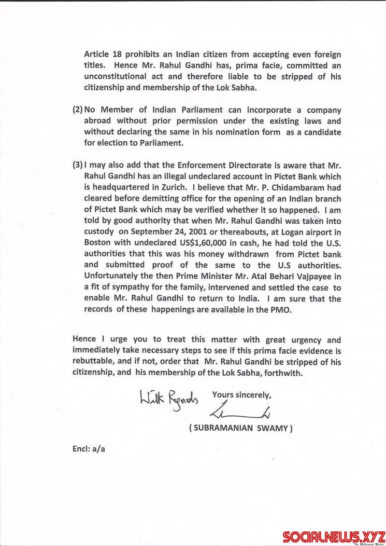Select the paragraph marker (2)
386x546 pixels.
[x=77, y=110]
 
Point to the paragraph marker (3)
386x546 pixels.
[x=77, y=165]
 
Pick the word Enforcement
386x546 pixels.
[x=201, y=165]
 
